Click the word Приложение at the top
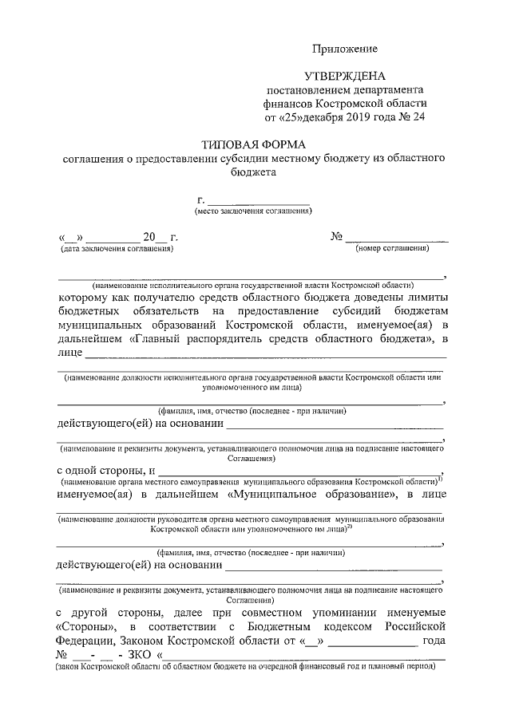[x=344, y=49]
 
